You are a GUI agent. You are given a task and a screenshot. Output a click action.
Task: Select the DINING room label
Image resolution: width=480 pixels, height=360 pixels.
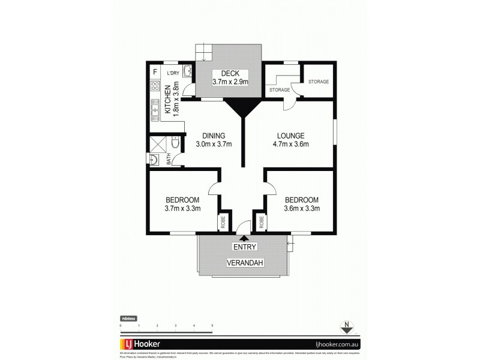click(x=213, y=135)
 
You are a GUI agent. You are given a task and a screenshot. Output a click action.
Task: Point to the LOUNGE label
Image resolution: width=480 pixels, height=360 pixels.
click(x=291, y=135)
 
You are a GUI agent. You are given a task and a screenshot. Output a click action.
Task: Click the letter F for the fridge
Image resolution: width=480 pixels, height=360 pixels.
click(x=155, y=73)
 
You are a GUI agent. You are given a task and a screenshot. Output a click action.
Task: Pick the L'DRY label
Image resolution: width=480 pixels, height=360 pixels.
click(x=173, y=73)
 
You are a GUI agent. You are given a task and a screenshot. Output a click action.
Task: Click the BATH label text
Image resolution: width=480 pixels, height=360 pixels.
click(x=169, y=158)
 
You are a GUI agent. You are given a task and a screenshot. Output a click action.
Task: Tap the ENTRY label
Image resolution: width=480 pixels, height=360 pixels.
click(x=245, y=247)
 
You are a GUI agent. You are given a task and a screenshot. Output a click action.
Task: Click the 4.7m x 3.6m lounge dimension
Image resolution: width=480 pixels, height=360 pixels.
click(x=291, y=144)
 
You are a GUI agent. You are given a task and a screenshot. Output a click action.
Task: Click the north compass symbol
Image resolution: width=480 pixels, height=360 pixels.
click(x=346, y=327)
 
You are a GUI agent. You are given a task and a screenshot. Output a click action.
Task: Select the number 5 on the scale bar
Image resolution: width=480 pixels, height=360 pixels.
click(x=212, y=325)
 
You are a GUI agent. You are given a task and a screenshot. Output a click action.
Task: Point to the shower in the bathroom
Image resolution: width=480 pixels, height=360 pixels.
click(x=157, y=143)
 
